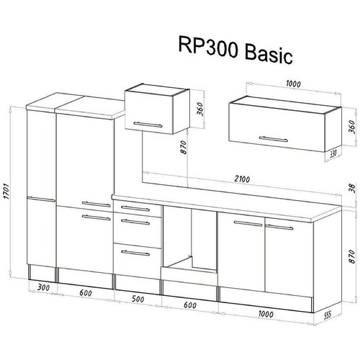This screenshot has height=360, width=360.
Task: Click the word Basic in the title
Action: (x=269, y=55)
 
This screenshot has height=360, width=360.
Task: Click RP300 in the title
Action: (x=208, y=47)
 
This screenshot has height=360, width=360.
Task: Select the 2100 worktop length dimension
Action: (x=242, y=179)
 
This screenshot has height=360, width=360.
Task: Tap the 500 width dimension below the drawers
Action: (x=138, y=299)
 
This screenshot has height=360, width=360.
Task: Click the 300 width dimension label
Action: (x=43, y=287)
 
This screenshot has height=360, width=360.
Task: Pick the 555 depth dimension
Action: (x=327, y=315)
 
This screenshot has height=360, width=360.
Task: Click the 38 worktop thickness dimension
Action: (x=351, y=188)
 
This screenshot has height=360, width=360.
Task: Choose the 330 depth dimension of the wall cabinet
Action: (x=333, y=153)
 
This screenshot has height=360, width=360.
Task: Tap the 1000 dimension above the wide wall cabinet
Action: (x=293, y=84)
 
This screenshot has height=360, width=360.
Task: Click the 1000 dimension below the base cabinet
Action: (x=266, y=314)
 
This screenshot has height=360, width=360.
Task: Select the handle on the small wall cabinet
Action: (x=148, y=125)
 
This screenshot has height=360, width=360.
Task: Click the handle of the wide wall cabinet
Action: (x=273, y=139)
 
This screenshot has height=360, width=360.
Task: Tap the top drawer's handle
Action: (x=135, y=208)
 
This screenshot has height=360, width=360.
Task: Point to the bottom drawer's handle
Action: (x=135, y=253)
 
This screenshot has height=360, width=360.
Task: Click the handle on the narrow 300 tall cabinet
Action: (x=41, y=199)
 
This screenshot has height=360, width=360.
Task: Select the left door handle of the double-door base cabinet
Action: (x=248, y=224)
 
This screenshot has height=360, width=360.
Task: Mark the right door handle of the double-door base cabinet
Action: (x=279, y=227)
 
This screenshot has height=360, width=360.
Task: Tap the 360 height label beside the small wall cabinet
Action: (x=200, y=109)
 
